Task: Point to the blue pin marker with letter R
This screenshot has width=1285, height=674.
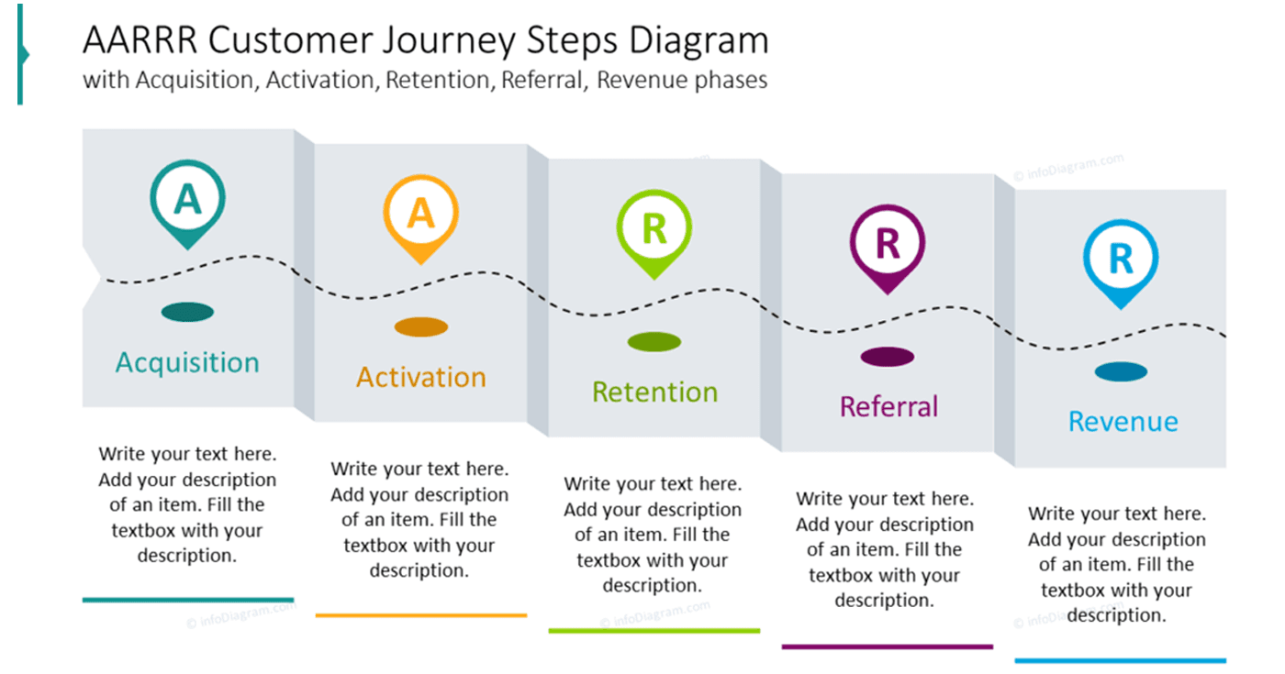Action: coord(1120,260)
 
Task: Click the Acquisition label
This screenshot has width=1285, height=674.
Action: coord(187,362)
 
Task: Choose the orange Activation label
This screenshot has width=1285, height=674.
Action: coord(421,377)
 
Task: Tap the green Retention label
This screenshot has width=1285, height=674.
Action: coord(654,392)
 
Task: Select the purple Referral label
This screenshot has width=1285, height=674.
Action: coord(888,406)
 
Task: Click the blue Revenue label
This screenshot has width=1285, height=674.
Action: coord(1123,421)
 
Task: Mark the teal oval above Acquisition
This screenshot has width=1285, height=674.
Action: coord(187,313)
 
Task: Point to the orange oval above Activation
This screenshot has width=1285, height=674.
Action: coord(421,327)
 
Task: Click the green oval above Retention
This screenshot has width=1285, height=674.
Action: coord(654,342)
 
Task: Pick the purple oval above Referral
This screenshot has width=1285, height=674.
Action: coord(888,357)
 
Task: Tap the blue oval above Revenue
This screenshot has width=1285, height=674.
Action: coord(1121,371)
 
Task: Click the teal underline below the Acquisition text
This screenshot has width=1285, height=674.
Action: coord(188,600)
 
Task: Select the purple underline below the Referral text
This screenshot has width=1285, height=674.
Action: coord(888,646)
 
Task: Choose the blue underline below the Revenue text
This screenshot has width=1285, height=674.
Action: coord(1120,660)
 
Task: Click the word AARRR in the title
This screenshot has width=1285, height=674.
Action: coord(140,41)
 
